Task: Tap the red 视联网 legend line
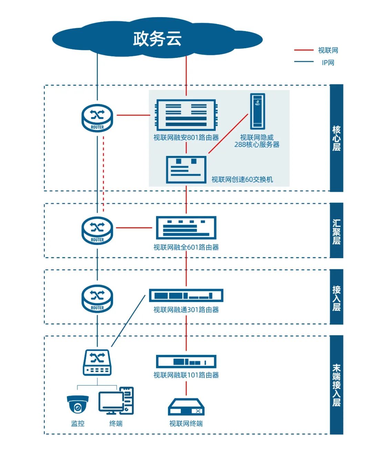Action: tap(303, 50)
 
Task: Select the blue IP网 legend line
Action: tap(303, 62)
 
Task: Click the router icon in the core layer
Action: tap(97, 118)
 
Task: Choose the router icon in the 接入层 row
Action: tap(97, 298)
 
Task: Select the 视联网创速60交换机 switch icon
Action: tap(186, 169)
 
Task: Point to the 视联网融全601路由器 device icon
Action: tap(186, 228)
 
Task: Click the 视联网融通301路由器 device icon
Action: tap(186, 295)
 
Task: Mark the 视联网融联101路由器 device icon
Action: tap(186, 361)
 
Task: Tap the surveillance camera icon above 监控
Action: tap(78, 405)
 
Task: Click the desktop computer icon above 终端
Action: tap(116, 401)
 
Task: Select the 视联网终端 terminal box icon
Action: tap(186, 407)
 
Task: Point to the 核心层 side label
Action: tap(337, 138)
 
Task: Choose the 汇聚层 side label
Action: tap(337, 231)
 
